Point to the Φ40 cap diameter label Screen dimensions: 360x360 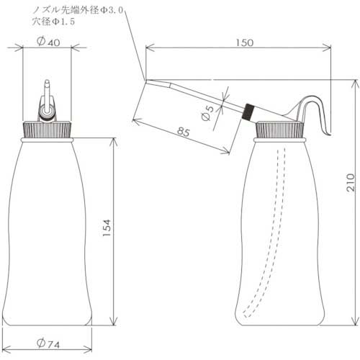pos(48,42)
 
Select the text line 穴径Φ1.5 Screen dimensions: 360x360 pos(55,22)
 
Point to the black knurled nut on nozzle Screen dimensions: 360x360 pos(249,110)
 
